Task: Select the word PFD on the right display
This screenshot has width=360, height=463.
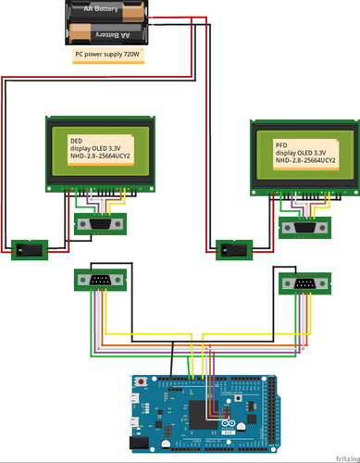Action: click(280, 145)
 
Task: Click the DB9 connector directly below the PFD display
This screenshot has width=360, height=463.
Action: click(301, 228)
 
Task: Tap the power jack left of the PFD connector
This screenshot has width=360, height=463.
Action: click(232, 248)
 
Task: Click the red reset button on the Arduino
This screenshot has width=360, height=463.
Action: click(141, 382)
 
